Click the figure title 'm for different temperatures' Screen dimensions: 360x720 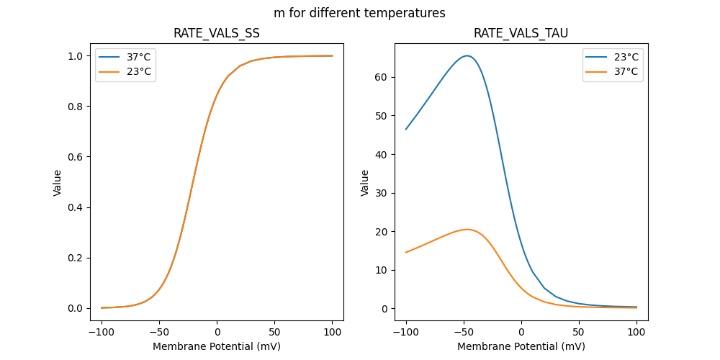pos(359,13)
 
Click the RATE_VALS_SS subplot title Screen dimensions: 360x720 pos(217,33)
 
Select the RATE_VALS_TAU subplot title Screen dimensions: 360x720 pos(521,33)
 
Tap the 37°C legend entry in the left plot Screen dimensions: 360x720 pos(136,56)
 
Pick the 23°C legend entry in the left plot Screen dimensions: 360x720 pos(136,71)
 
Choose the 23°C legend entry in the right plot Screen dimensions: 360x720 pos(624,56)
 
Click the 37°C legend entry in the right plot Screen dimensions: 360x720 pos(624,71)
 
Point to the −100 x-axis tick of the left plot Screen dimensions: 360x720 pos(101,333)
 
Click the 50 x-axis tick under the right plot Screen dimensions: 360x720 pos(579,333)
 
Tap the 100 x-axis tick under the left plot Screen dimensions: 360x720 pos(333,333)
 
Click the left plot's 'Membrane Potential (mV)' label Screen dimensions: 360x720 pos(217,346)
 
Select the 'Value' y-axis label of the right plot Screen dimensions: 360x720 pos(365,182)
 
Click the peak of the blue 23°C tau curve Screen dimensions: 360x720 pos(467,55)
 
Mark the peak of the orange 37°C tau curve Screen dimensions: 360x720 pos(467,229)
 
